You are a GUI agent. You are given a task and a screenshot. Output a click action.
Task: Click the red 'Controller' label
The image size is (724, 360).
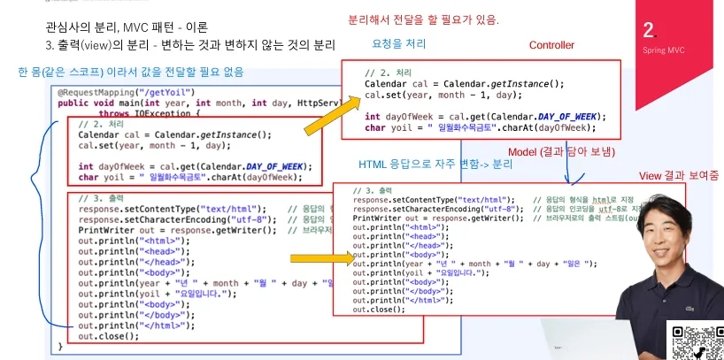tap(551, 45)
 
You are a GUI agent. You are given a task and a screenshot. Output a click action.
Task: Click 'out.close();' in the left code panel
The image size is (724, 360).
tap(108, 336)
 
